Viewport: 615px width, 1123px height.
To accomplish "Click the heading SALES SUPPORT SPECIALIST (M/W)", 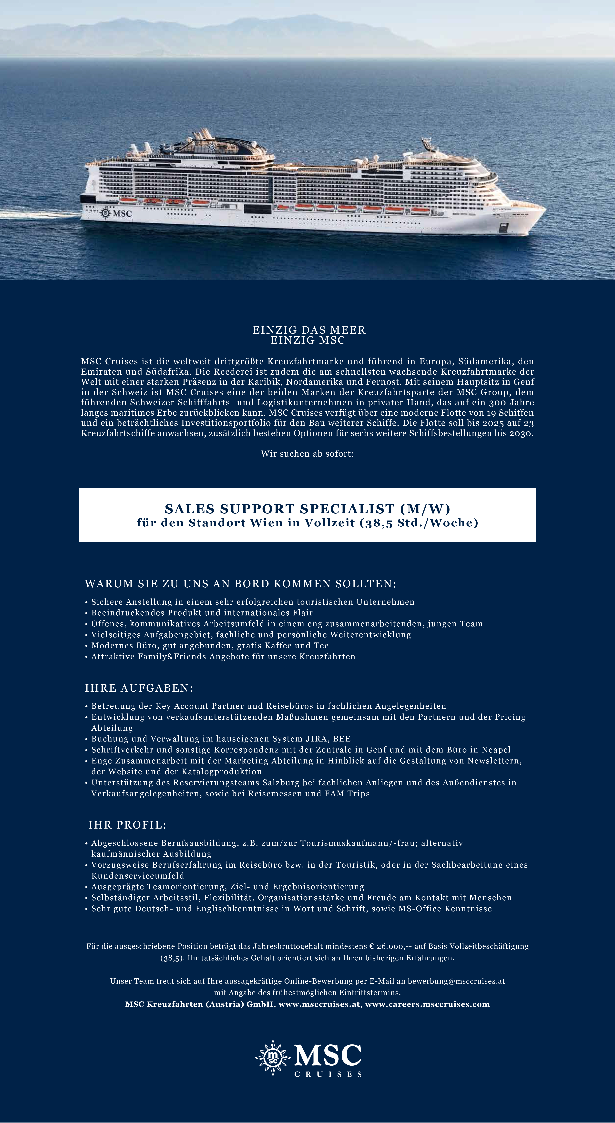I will (x=307, y=509).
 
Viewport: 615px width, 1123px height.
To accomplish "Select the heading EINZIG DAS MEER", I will (x=309, y=330).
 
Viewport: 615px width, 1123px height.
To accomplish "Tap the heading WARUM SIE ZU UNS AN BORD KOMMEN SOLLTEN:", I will (x=240, y=584).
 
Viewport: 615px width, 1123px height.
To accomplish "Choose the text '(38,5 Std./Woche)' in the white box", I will (x=419, y=523).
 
